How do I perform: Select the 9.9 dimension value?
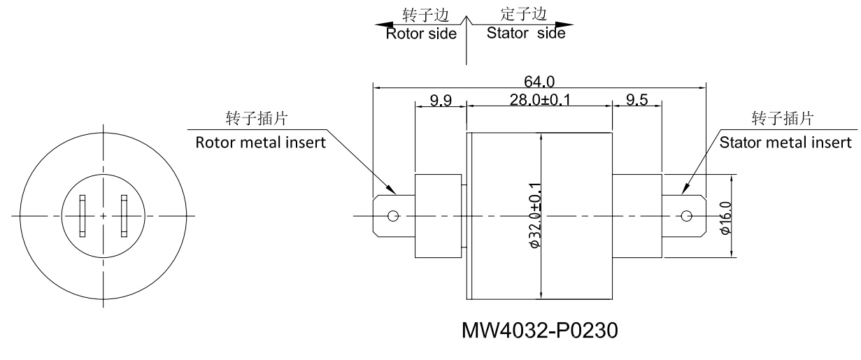click(441, 101)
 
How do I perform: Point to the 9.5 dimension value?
click(636, 101)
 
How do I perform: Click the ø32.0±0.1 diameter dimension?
click(536, 216)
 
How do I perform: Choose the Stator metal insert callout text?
click(785, 143)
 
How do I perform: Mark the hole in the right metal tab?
click(685, 216)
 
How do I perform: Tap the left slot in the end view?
click(83, 216)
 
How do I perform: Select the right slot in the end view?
click(124, 216)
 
